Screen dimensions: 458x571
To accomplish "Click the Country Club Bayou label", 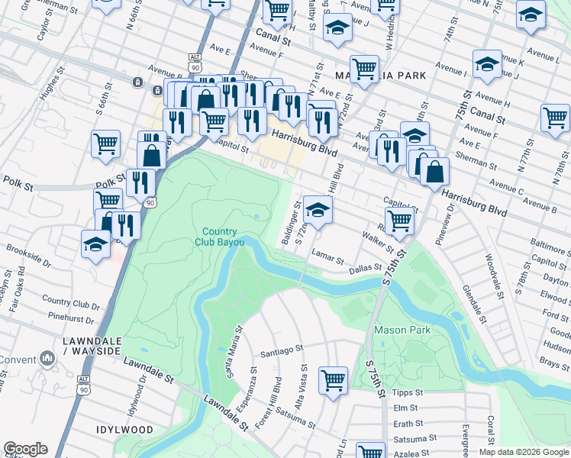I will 224,237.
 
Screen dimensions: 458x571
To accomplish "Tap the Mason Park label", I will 402,331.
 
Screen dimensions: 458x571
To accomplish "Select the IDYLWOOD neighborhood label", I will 125,430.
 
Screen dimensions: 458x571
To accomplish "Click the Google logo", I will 25,449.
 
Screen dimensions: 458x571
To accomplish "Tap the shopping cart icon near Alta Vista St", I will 333,379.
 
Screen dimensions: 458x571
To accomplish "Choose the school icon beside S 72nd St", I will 318,208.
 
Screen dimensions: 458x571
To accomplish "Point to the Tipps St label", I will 402,392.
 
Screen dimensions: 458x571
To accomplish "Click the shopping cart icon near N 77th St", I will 555,118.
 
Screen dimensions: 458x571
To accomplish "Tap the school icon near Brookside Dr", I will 96,244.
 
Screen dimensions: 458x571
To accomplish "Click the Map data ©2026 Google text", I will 524,452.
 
